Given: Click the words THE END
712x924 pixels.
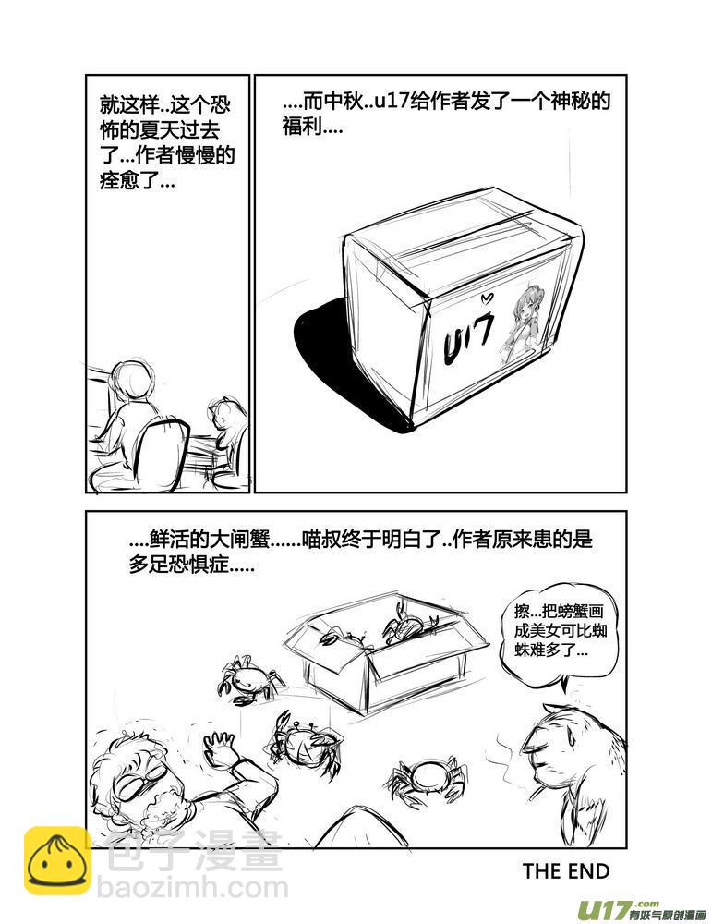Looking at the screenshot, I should (x=565, y=871).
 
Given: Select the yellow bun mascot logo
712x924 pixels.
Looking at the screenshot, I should (x=57, y=862).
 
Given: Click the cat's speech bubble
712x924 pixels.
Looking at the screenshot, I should (x=550, y=632).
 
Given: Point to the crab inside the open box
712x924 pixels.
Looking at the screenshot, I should (x=404, y=624).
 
